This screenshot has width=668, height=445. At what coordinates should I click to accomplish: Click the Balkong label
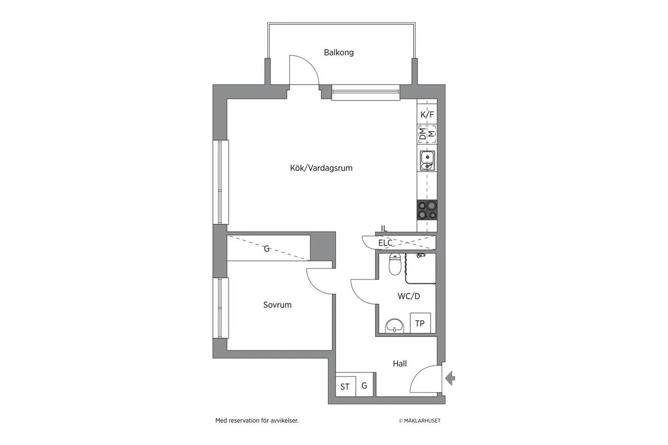tap(339, 53)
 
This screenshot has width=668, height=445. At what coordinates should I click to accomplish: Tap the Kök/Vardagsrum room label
tap(321, 168)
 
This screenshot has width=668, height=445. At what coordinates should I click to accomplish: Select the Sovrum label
tap(277, 305)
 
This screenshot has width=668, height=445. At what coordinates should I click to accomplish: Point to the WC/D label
tap(409, 296)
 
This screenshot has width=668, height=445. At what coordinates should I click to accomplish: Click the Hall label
tap(400, 364)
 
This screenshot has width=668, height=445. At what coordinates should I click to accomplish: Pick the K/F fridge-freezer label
tap(427, 115)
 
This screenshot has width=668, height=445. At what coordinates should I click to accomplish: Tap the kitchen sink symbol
tap(427, 161)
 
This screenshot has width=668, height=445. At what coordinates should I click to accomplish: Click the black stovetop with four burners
tap(427, 210)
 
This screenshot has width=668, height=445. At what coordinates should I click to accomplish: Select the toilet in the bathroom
tap(395, 264)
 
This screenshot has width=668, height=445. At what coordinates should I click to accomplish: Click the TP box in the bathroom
tap(420, 323)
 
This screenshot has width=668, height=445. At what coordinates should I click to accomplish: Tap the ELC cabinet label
tap(385, 243)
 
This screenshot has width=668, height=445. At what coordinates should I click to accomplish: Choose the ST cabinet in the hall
tap(345, 386)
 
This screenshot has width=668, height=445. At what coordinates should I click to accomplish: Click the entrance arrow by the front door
tap(450, 378)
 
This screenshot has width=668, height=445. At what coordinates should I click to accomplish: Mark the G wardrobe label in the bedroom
tap(267, 248)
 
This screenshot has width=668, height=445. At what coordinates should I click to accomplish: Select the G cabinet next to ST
tap(365, 386)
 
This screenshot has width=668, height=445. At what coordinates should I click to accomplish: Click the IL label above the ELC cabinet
tap(384, 228)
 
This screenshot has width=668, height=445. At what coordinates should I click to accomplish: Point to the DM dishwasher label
tap(423, 134)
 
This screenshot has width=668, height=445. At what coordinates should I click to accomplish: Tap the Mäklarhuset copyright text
tap(420, 421)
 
